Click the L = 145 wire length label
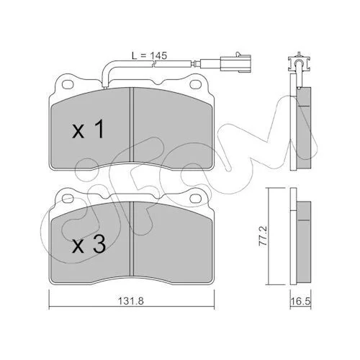(149, 55)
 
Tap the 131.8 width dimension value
(131, 300)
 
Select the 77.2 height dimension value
(264, 236)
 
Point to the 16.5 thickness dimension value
(300, 302)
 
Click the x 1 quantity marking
(89, 129)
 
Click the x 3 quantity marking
(89, 244)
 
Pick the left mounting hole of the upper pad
(68, 84)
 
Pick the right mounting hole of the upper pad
(195, 84)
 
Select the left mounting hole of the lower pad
(68, 198)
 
